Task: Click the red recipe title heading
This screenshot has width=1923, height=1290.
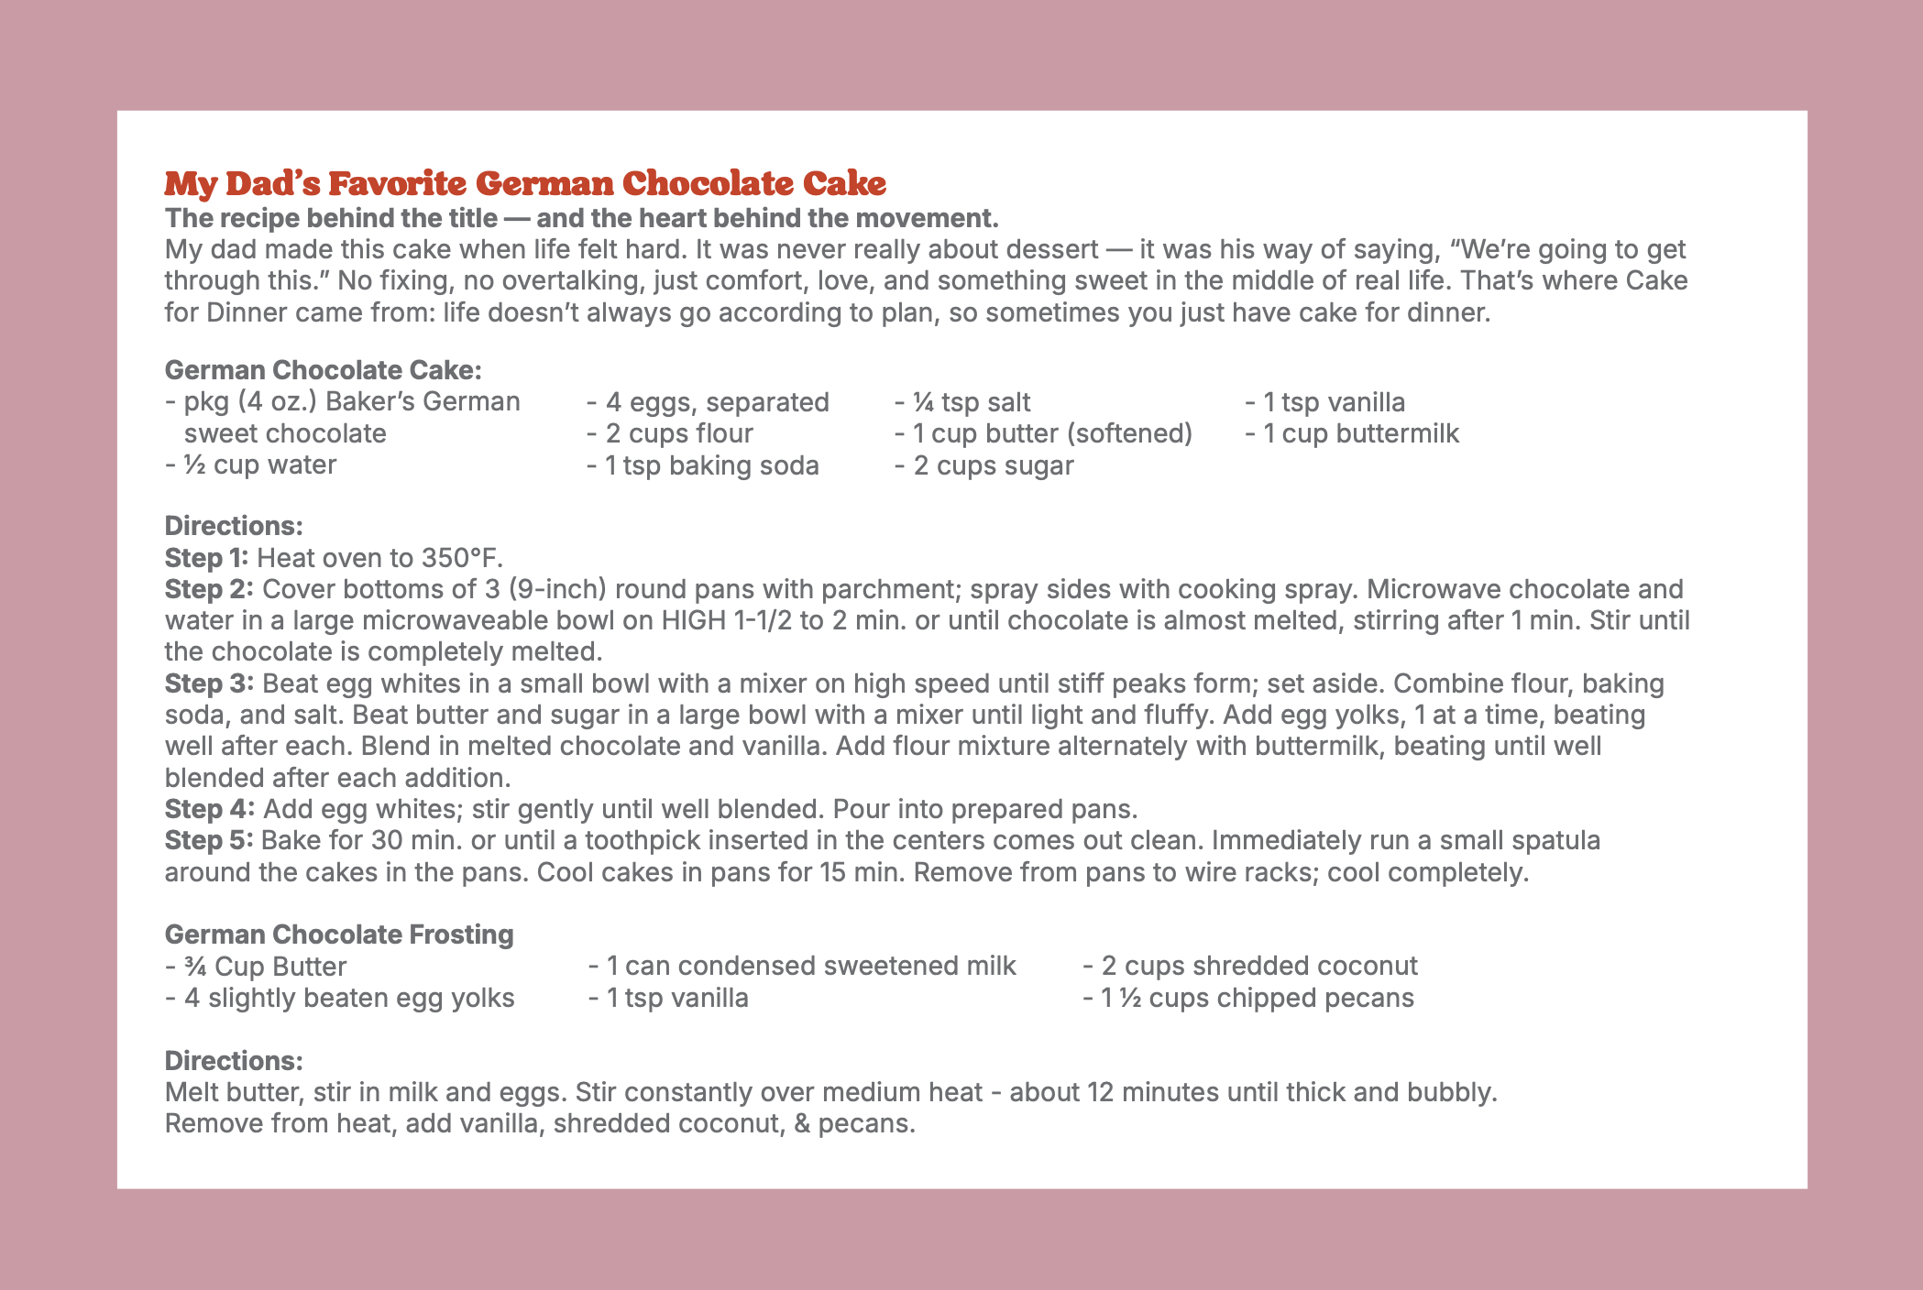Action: point(525,183)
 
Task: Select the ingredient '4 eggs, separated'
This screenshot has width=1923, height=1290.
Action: point(709,402)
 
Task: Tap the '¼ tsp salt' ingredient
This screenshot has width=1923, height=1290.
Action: point(962,402)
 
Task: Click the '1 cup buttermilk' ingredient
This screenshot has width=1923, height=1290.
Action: point(1353,433)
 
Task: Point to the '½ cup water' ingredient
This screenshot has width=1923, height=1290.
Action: point(251,465)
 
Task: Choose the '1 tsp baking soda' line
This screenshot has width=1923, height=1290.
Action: point(703,465)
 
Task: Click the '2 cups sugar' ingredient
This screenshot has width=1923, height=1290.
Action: point(984,465)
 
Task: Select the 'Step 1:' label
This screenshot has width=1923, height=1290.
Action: point(206,558)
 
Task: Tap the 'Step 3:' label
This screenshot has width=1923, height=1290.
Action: point(209,683)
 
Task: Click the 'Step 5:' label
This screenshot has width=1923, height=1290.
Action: point(209,840)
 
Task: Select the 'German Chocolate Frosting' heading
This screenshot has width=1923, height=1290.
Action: point(339,935)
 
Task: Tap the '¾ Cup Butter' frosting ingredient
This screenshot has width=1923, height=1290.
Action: point(257,967)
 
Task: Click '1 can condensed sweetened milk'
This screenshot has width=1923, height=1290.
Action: point(803,966)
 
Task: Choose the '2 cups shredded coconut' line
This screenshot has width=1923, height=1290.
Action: point(1250,966)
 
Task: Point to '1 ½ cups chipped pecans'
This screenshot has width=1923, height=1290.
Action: point(1248,998)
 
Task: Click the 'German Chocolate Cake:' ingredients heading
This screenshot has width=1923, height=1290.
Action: point(323,370)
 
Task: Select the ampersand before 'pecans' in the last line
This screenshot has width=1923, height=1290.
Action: point(802,1123)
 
